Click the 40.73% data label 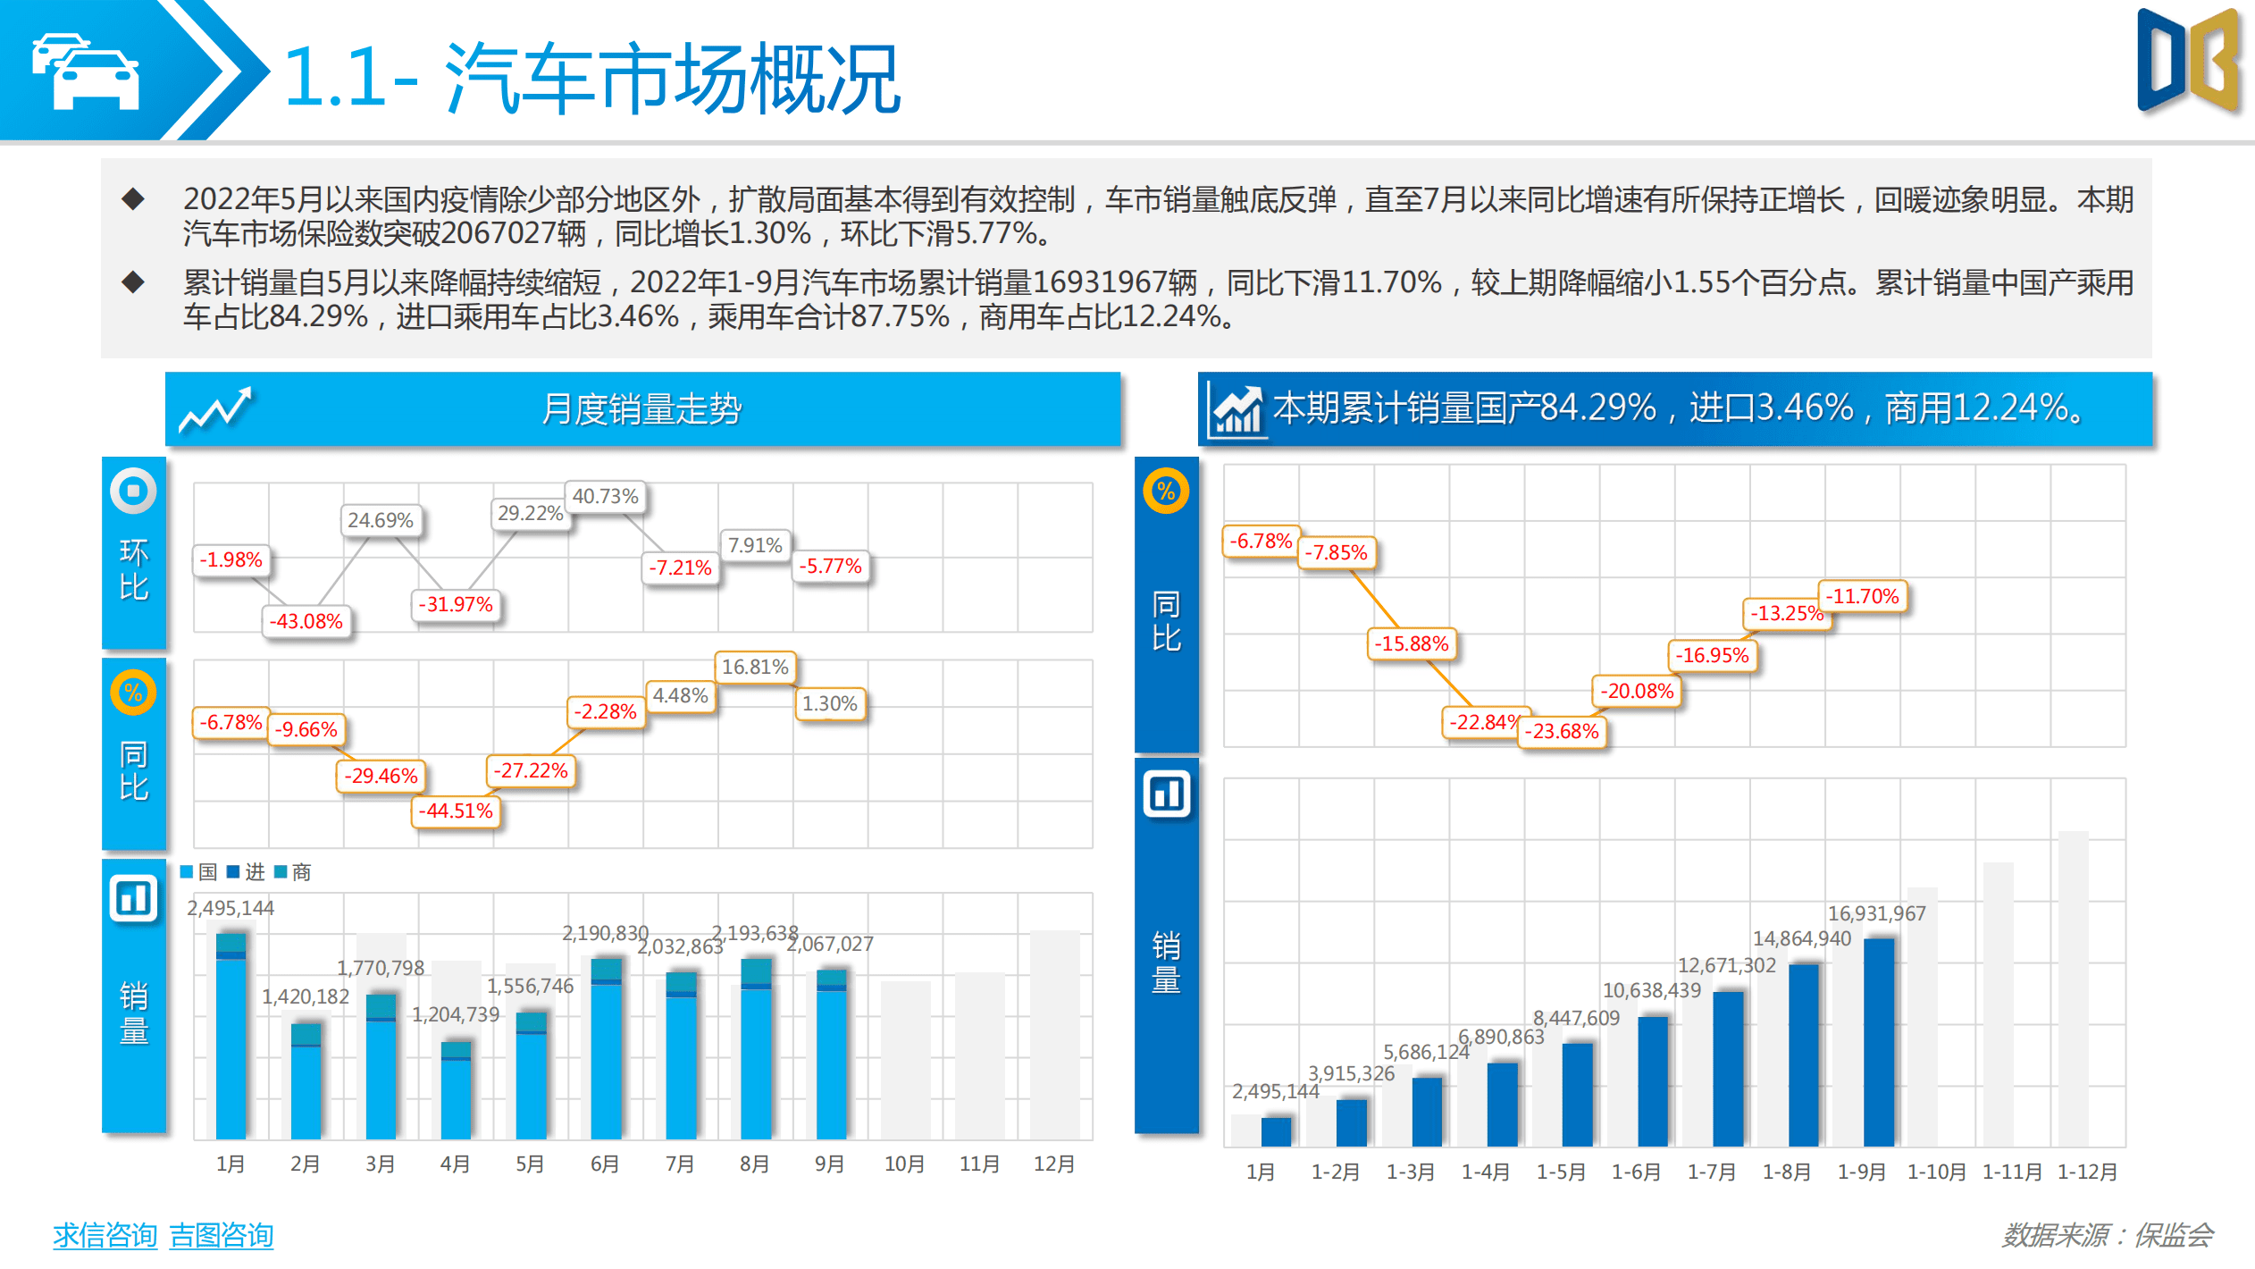coord(605,496)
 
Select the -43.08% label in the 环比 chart coord(307,621)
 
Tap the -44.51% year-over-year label coord(456,811)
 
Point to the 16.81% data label coord(755,667)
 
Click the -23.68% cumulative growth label coord(1562,731)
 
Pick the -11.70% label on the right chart coord(1863,596)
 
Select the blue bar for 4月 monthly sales coord(456,1090)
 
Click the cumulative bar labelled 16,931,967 coord(1879,1041)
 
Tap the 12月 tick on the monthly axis coord(1054,1164)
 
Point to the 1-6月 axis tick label coord(1636,1172)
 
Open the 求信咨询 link coord(105,1235)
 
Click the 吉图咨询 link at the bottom coord(222,1235)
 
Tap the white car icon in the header coord(86,71)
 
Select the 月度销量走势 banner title coord(641,409)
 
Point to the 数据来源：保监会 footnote coord(2107,1235)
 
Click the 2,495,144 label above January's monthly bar coord(231,908)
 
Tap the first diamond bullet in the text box coord(133,198)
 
